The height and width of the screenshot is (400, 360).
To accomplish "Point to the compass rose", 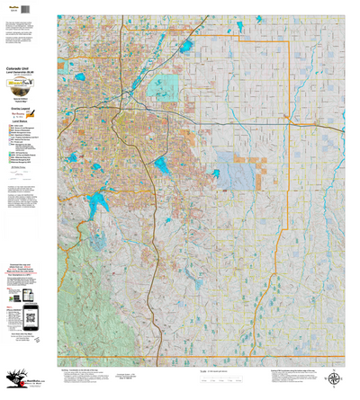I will click(x=336, y=379).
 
